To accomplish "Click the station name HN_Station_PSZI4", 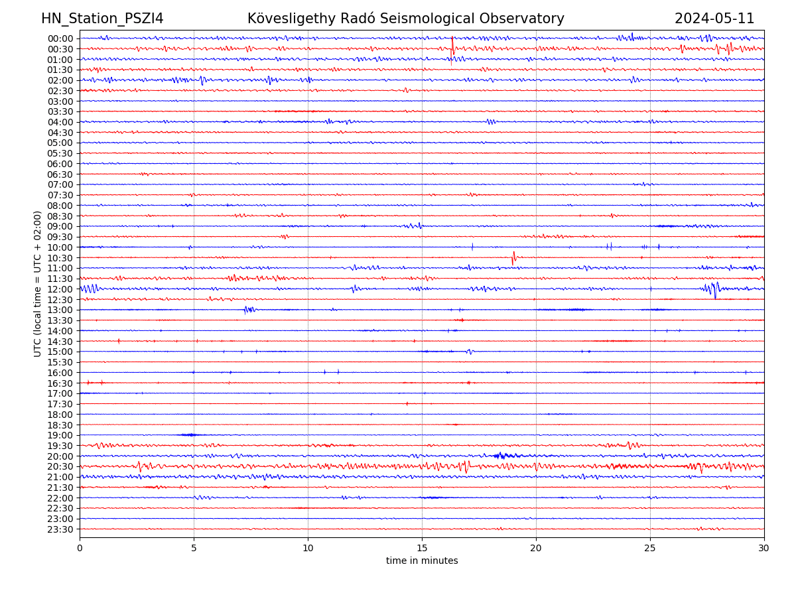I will pyautogui.click(x=102, y=19).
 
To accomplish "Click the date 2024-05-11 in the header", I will pyautogui.click(x=714, y=19).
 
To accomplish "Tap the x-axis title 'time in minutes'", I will pyautogui.click(x=422, y=561).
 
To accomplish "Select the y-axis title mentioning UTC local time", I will pyautogui.click(x=38, y=283).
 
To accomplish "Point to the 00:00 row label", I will pyautogui.click(x=60, y=38).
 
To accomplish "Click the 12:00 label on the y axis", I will pyautogui.click(x=60, y=289).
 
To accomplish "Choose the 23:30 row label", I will pyautogui.click(x=60, y=529).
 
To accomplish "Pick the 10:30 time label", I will pyautogui.click(x=60, y=258).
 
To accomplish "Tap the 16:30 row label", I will pyautogui.click(x=60, y=383).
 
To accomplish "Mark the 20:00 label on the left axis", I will pyautogui.click(x=60, y=456).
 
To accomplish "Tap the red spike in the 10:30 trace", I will pyautogui.click(x=513, y=257).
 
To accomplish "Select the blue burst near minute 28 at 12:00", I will pyautogui.click(x=712, y=289).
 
